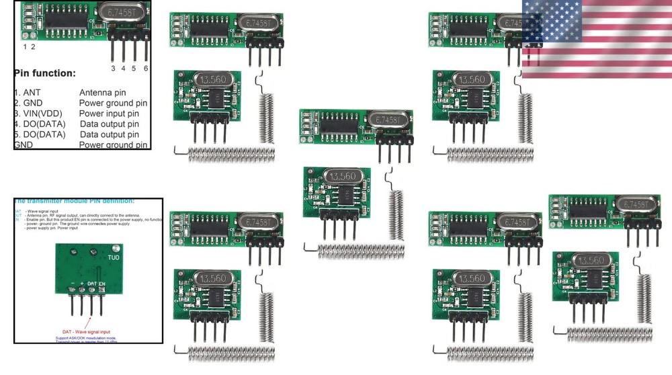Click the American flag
(597, 38)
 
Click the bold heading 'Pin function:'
(44, 73)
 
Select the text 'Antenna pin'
(102, 92)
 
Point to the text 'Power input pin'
(111, 114)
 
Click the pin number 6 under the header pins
(145, 68)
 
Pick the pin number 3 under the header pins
(113, 68)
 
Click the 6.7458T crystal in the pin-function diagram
(122, 11)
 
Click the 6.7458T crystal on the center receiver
(388, 118)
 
